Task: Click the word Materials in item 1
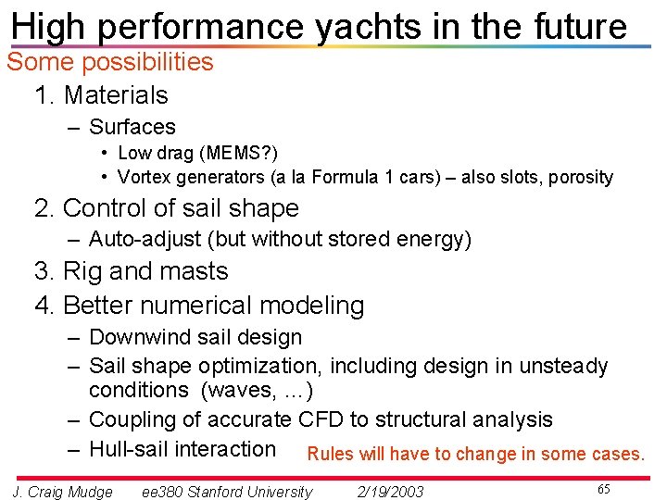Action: (116, 95)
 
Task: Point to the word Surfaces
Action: (132, 127)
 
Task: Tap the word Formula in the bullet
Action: (346, 177)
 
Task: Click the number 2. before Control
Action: (44, 208)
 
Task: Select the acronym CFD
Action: (321, 419)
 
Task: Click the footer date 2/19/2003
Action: (390, 492)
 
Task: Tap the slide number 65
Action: (603, 489)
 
